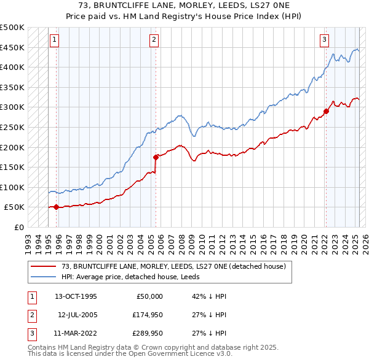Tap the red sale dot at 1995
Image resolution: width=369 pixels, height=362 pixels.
click(56, 207)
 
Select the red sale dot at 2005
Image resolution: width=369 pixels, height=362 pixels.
click(156, 157)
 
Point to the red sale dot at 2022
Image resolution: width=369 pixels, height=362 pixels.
click(325, 111)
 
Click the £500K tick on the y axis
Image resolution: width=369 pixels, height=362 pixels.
click(12, 28)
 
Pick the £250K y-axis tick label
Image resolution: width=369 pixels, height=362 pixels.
click(12, 127)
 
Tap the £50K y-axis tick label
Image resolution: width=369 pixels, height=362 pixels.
click(15, 207)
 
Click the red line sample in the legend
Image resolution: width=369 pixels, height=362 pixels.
click(44, 266)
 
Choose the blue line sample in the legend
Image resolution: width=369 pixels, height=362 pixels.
click(44, 277)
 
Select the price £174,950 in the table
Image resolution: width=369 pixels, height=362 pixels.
click(146, 315)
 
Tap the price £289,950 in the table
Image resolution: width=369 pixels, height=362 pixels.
click(146, 333)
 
